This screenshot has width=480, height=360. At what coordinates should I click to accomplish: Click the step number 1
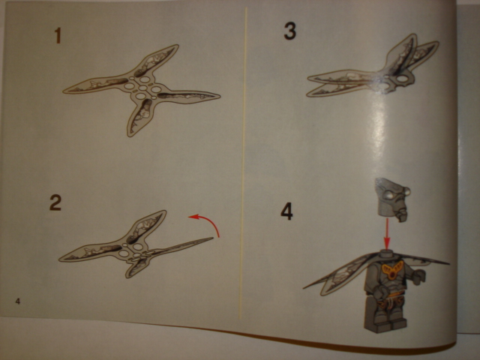[x=58, y=35]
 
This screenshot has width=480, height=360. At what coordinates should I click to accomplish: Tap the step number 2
[x=55, y=202]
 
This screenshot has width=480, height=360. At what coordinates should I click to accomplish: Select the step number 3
[x=290, y=31]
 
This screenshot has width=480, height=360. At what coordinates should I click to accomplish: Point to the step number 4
[x=286, y=211]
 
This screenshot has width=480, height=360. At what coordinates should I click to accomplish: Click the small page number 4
[x=18, y=301]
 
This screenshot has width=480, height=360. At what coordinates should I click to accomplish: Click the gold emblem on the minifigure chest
[x=393, y=271]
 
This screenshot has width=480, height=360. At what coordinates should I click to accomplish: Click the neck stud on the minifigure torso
[x=386, y=253]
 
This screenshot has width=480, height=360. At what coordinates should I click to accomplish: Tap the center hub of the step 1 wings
[x=142, y=88]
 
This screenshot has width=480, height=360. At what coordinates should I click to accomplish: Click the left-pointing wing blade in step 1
[x=95, y=85]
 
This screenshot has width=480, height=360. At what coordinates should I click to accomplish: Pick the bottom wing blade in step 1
[x=139, y=117]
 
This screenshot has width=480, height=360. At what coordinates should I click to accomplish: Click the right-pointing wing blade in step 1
[x=189, y=97]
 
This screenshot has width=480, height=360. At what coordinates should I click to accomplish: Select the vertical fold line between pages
[x=243, y=162]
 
